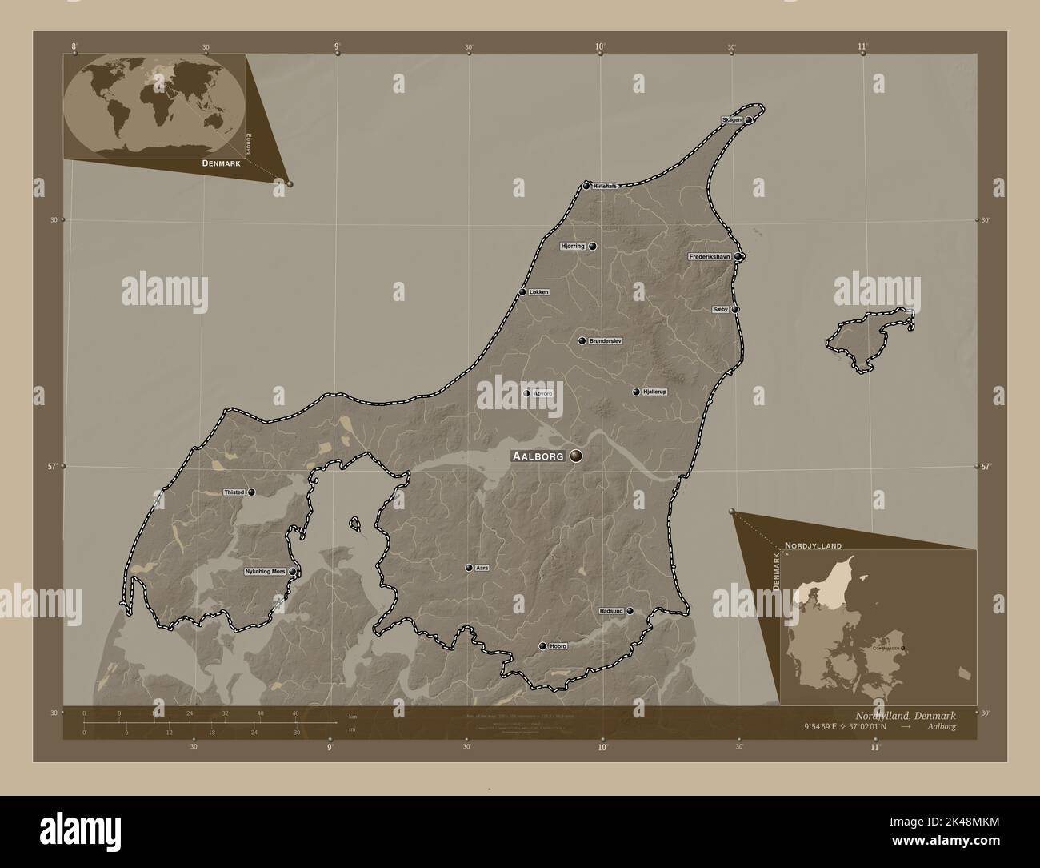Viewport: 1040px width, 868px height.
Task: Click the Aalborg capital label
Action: pos(540,456)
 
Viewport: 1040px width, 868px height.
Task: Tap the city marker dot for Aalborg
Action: pos(576,456)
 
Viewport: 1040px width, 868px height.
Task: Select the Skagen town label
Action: pos(732,119)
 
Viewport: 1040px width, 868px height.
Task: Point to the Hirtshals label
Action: pos(605,186)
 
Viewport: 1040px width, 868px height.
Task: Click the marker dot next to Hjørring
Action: pos(593,247)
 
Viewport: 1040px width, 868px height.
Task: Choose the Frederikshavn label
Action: pos(710,257)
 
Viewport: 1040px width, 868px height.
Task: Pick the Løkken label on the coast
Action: pos(538,292)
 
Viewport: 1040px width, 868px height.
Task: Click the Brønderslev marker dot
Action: pos(582,341)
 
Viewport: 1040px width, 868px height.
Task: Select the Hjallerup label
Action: pos(654,392)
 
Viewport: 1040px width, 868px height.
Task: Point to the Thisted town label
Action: pos(234,492)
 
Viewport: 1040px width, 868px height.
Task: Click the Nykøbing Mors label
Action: pos(266,572)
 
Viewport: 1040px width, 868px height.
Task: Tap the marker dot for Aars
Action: pos(469,568)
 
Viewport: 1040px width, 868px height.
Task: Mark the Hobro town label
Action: pos(558,646)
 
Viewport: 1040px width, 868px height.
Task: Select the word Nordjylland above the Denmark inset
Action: pos(813,545)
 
